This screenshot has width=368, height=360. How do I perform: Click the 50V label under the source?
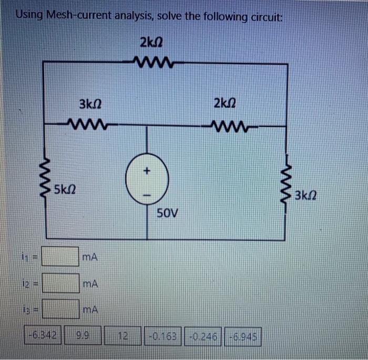(x=168, y=213)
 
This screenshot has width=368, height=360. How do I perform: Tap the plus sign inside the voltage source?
(x=147, y=171)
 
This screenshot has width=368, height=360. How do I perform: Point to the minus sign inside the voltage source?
(x=147, y=195)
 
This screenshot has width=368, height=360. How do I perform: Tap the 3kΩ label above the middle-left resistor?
(x=89, y=105)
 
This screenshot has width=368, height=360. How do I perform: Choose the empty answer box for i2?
(x=60, y=284)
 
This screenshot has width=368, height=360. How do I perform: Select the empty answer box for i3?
(x=60, y=309)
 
